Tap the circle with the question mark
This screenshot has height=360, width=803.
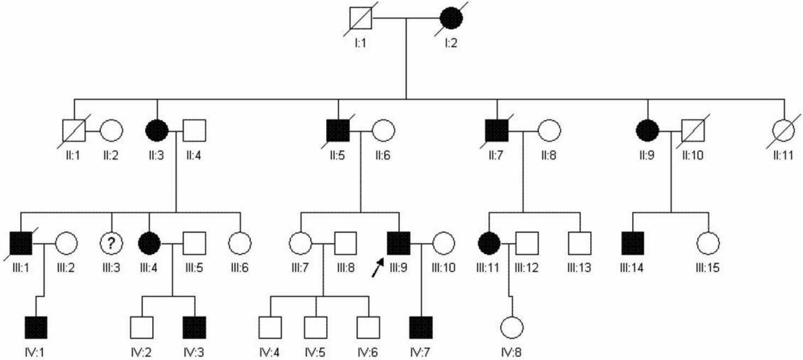point(111,243)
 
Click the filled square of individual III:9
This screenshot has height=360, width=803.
point(398,243)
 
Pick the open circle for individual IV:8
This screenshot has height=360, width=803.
point(512,327)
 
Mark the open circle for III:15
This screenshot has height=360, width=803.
point(708,243)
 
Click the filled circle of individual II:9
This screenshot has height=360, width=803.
point(648,131)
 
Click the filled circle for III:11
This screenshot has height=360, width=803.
point(489,243)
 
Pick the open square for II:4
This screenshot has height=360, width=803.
point(194,131)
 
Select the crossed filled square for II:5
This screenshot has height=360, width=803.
point(338,131)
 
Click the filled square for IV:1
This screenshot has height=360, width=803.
point(36,327)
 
